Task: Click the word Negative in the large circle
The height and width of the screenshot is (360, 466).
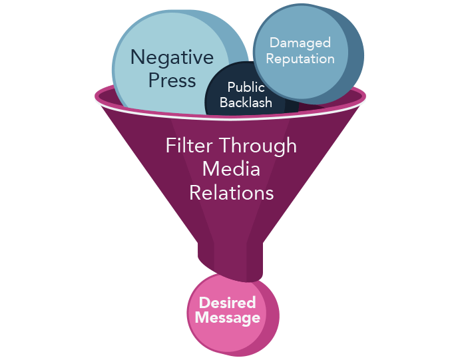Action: pos(172,57)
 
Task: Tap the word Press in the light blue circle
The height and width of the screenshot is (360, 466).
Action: pos(172,81)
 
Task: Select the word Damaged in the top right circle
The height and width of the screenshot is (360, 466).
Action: pos(300,43)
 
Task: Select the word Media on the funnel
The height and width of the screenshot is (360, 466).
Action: pos(231,169)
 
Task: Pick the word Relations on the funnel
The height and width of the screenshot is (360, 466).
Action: pos(231,192)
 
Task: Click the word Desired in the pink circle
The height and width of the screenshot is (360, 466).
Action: pos(227,303)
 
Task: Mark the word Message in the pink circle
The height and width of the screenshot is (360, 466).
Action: pos(228,318)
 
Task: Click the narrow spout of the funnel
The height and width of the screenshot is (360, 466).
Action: pos(230,260)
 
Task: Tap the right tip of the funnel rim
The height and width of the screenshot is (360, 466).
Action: pos(365,96)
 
